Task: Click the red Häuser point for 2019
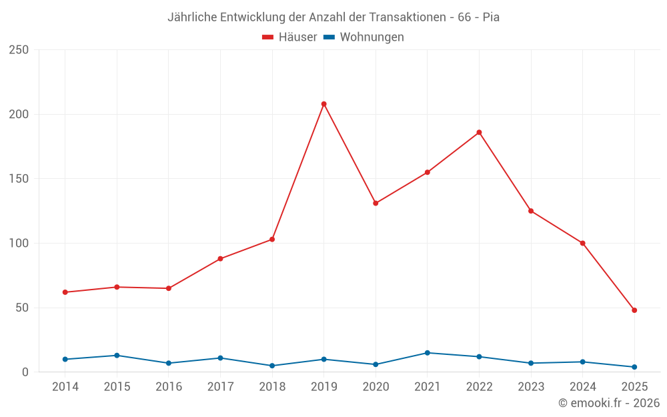[323, 104]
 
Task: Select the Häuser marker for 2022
[479, 132]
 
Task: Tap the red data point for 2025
[634, 310]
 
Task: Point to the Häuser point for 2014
[65, 292]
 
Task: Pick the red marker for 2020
[376, 203]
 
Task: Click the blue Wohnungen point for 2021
[428, 353]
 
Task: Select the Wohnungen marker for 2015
[117, 356]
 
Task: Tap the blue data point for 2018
[272, 366]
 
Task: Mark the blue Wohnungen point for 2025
[634, 367]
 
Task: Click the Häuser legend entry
[290, 37]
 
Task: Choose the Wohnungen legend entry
[364, 37]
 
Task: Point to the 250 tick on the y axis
[19, 50]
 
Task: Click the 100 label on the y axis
[19, 244]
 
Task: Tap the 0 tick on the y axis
[25, 372]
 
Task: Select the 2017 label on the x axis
[220, 387]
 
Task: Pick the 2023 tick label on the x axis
[531, 387]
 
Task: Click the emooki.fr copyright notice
[609, 403]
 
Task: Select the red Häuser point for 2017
[220, 259]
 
